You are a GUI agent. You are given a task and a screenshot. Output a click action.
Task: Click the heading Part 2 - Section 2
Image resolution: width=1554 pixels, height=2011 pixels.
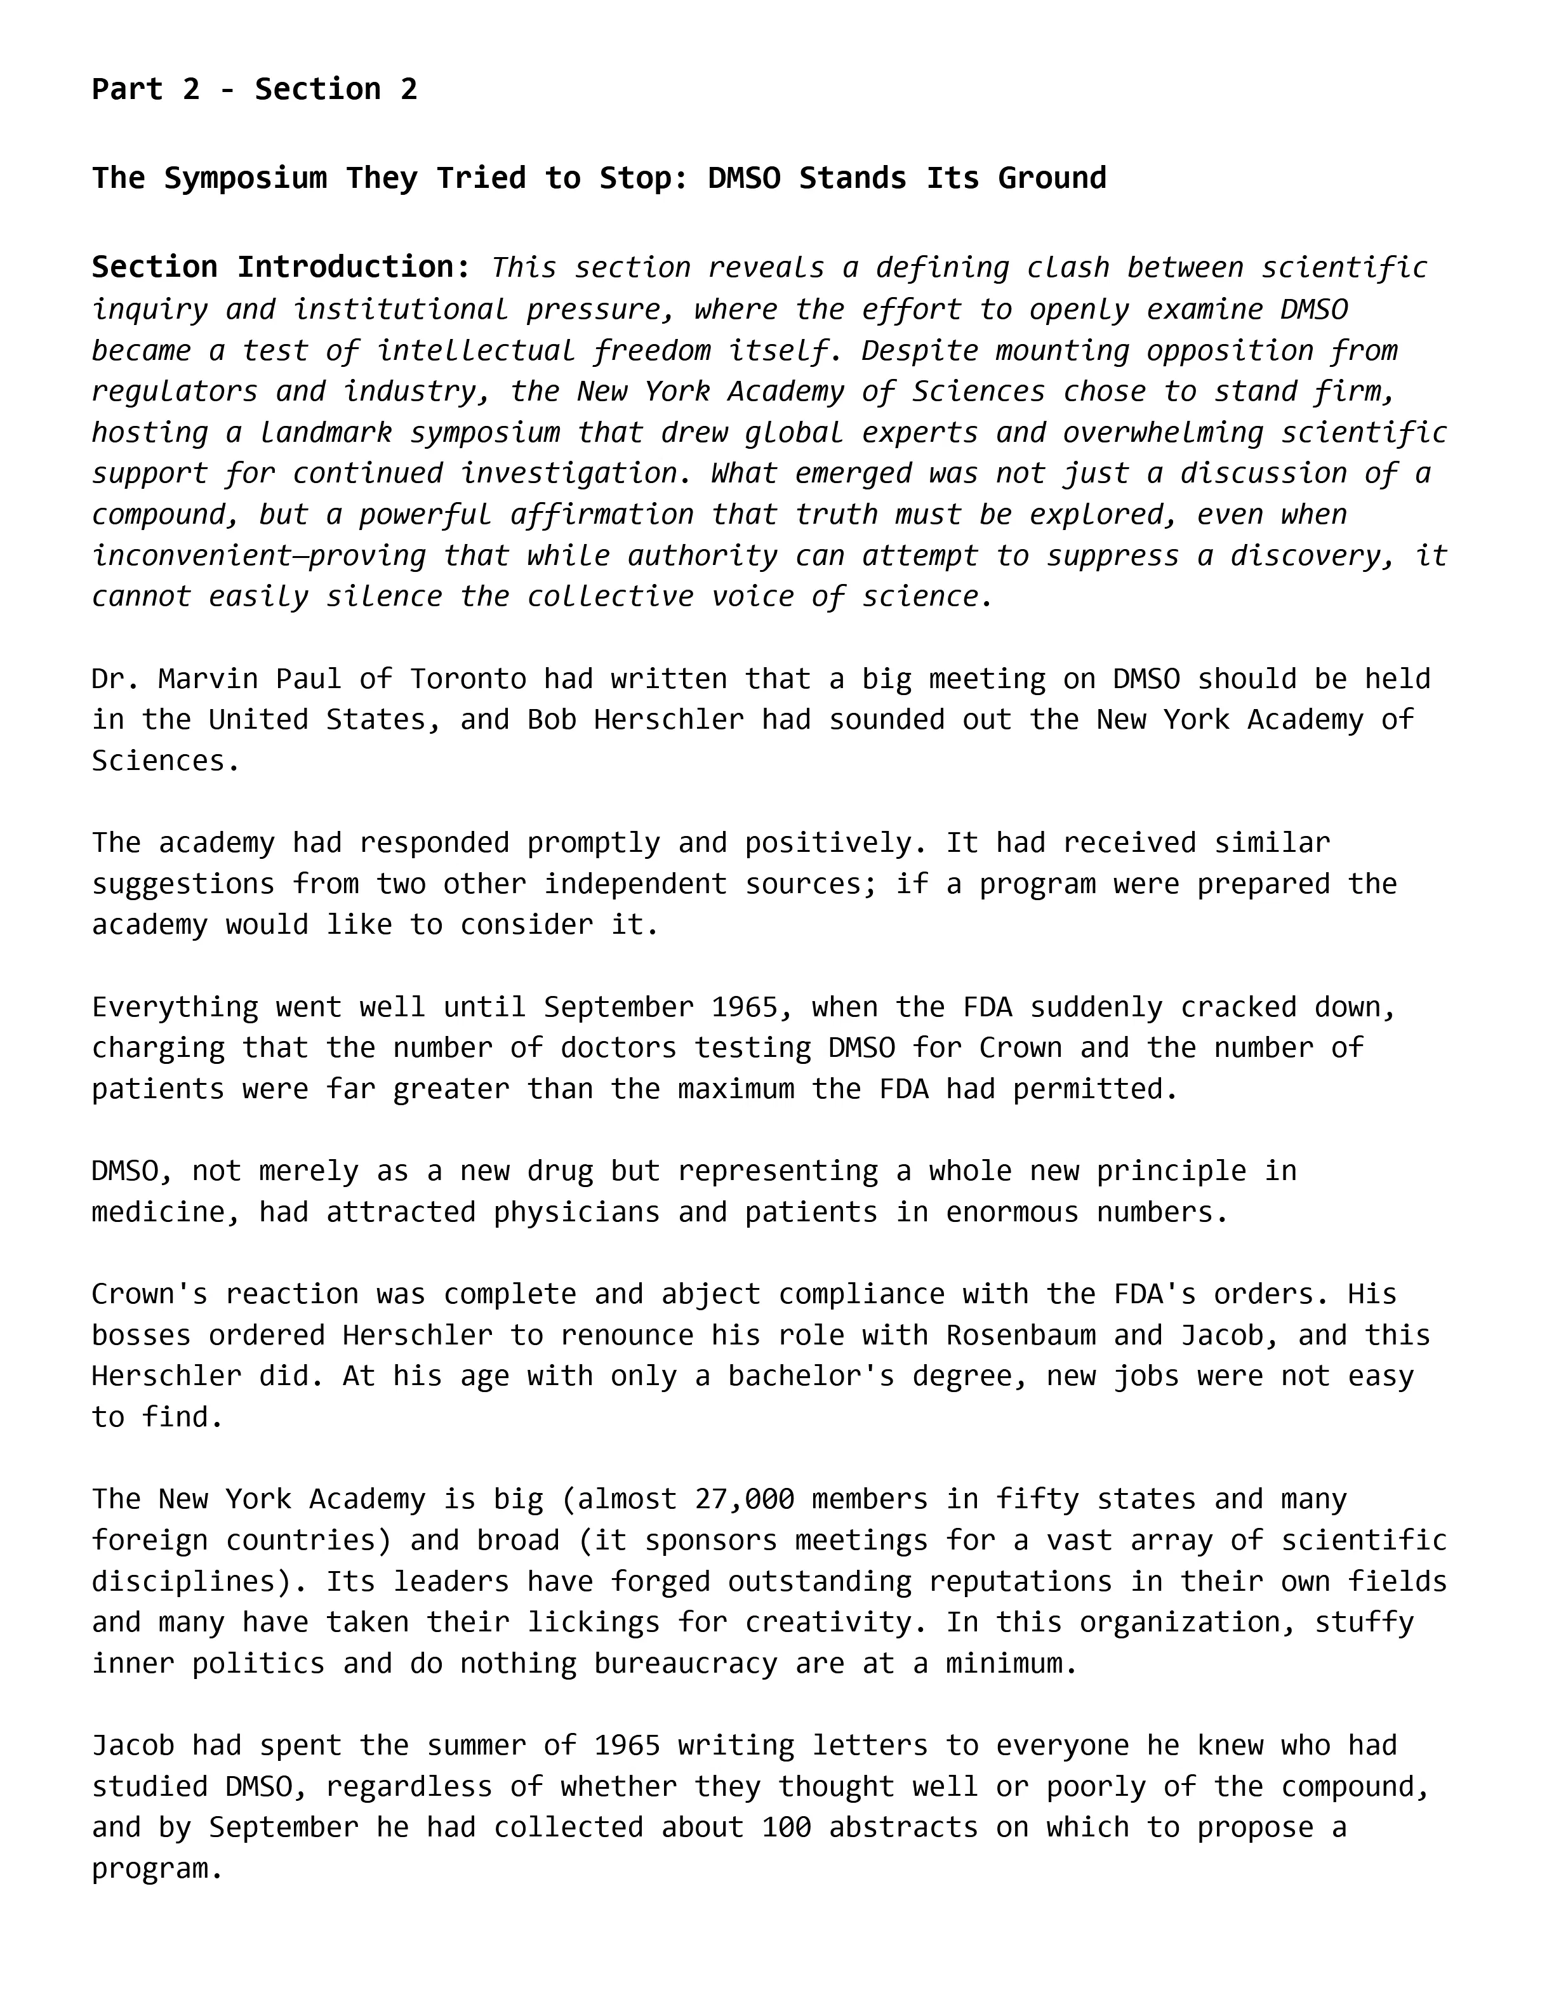pos(254,90)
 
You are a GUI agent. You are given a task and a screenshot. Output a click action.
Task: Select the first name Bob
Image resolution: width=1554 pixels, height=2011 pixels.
pos(552,720)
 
